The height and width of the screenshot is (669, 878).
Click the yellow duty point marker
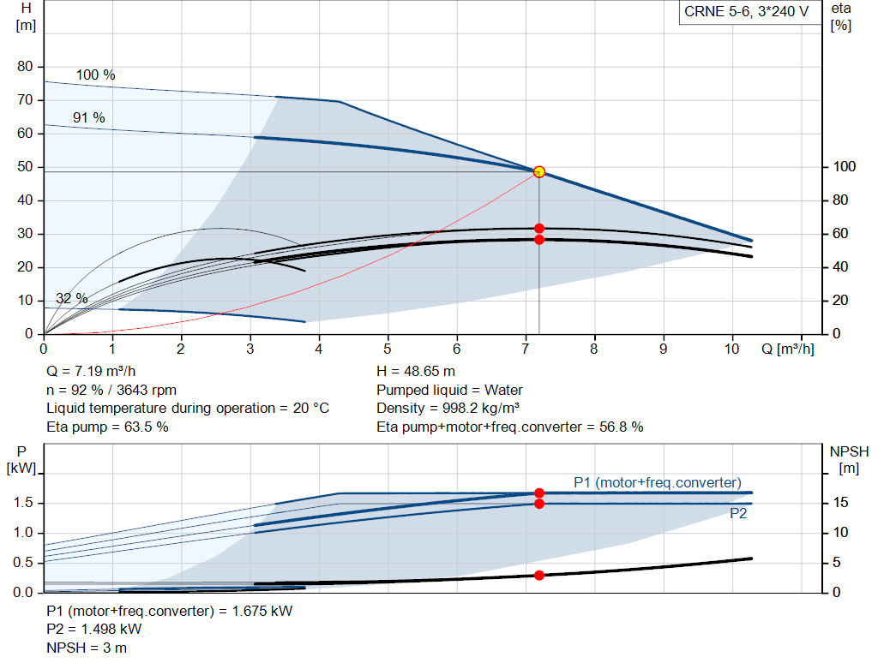538,171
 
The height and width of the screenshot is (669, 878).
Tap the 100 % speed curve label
96,75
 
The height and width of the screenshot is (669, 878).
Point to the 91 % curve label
89,118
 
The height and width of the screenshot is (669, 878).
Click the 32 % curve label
72,299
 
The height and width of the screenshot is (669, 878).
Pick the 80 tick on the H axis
25,67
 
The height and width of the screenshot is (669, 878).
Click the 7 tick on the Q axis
526,349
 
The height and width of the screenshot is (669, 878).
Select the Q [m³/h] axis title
787,349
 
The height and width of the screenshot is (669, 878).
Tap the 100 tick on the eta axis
845,167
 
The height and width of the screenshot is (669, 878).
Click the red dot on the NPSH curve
538,575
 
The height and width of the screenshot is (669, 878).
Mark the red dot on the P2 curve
538,504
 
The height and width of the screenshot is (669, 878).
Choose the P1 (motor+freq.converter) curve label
658,483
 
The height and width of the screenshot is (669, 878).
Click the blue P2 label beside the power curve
738,513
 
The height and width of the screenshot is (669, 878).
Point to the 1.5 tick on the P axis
23,503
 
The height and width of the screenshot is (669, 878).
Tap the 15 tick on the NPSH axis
840,503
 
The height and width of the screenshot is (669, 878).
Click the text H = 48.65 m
416,372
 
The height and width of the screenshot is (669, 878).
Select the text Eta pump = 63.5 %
107,427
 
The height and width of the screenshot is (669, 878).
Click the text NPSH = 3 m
87,648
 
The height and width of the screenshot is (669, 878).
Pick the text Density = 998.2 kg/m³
448,409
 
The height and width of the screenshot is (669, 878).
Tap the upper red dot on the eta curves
538,228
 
